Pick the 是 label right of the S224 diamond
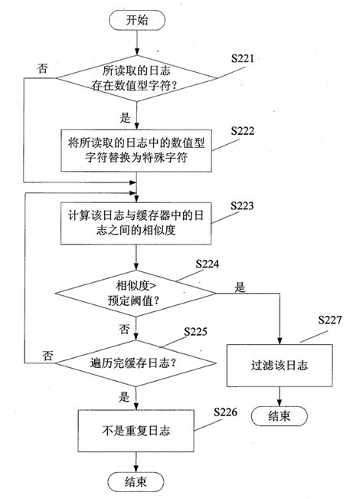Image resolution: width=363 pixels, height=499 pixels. [x=240, y=287]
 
